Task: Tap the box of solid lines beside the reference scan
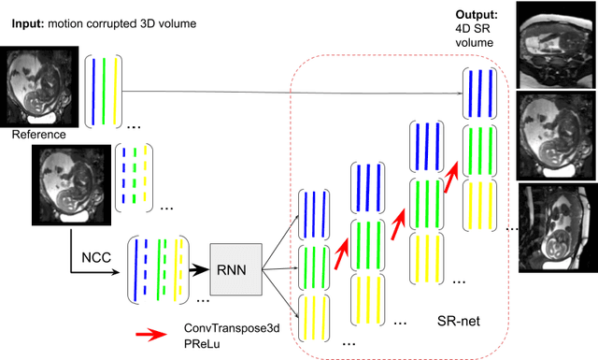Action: click(x=105, y=91)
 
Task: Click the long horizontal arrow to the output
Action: click(x=290, y=92)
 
